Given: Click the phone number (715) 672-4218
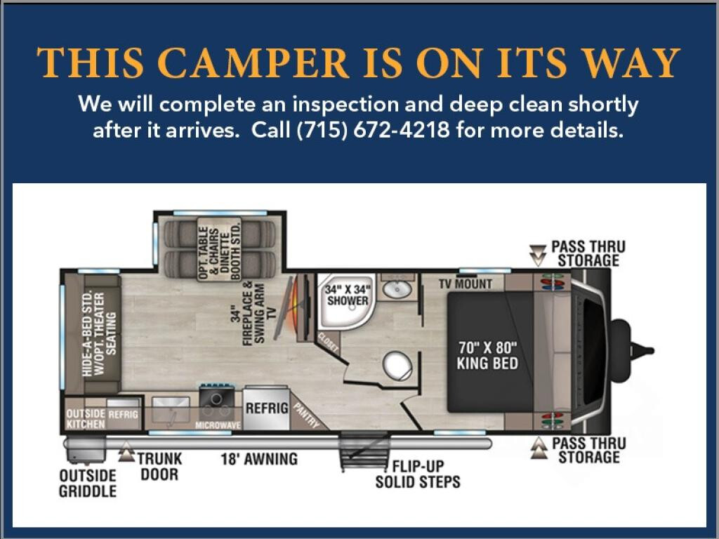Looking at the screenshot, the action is [374, 130].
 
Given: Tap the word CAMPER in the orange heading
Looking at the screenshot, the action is [256, 62].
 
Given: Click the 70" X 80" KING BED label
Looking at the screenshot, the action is [487, 355].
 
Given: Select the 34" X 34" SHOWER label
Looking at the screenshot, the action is [348, 295].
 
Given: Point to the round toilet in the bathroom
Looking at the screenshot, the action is [397, 365].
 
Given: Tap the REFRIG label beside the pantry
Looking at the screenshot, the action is [267, 408].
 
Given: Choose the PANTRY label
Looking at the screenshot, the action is [306, 415].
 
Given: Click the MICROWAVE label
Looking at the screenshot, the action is [218, 425].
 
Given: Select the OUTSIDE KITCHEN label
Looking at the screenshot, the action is [86, 419].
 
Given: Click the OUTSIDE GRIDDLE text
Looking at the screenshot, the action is [88, 483].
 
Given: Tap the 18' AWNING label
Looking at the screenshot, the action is [259, 459].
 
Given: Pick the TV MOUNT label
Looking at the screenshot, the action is [466, 284].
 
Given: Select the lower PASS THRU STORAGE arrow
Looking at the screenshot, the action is [539, 448].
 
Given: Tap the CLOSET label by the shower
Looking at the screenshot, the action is [329, 342].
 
